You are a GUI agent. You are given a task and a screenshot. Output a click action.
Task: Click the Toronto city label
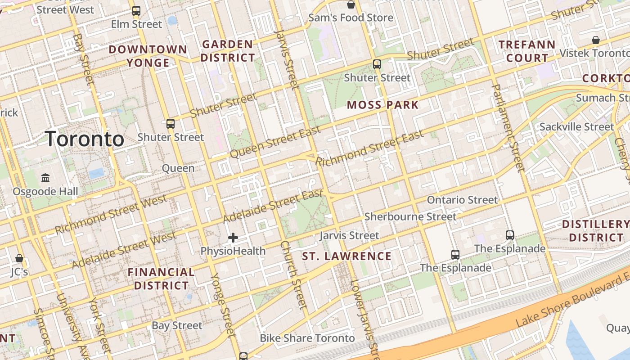click(85, 139)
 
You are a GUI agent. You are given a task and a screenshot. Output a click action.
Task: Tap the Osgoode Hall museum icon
click(45, 178)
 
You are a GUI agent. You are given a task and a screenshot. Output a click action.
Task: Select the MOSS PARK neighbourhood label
click(383, 105)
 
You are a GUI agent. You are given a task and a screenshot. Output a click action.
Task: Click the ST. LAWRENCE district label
click(346, 256)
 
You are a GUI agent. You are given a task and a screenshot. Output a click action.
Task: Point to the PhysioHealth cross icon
click(233, 238)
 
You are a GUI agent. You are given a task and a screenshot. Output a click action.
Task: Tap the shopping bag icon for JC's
click(19, 258)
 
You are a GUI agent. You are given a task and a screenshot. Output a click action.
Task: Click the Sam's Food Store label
click(351, 18)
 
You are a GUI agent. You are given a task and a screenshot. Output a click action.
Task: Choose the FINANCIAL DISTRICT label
click(161, 279)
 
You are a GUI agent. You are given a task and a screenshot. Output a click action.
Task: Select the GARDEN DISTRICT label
click(228, 51)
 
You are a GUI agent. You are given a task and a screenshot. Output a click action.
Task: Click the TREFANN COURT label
click(527, 51)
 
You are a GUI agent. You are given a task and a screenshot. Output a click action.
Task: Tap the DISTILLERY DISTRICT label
click(596, 230)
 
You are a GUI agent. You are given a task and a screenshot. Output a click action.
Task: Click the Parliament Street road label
click(508, 128)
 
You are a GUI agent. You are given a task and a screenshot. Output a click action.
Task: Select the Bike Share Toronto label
click(307, 338)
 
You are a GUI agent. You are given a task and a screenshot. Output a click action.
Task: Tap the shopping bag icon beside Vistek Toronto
click(596, 40)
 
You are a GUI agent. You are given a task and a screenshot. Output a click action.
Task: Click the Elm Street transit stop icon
click(136, 11)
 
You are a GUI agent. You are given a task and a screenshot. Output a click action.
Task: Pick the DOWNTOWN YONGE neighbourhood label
click(148, 56)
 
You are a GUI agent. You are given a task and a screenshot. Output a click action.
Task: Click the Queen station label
click(178, 168)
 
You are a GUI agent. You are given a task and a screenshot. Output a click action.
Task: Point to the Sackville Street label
click(576, 127)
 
